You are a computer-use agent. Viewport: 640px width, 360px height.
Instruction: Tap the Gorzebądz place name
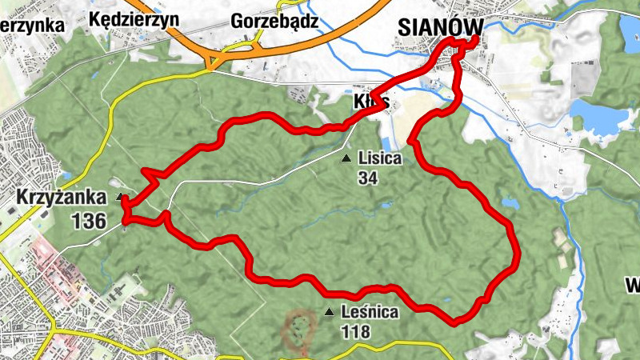tap(274, 21)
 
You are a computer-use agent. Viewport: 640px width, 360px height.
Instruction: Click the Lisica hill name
tap(379, 158)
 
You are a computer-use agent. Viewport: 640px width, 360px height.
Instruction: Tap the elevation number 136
tap(88, 220)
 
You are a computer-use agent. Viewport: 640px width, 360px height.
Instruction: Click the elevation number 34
tap(368, 178)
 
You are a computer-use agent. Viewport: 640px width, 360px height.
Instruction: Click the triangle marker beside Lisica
tap(346, 158)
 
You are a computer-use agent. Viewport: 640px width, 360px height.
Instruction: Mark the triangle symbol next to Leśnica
tap(329, 312)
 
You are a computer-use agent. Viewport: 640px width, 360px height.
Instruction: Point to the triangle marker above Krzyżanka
tap(120, 196)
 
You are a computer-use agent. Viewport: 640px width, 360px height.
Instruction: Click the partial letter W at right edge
tap(632, 284)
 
